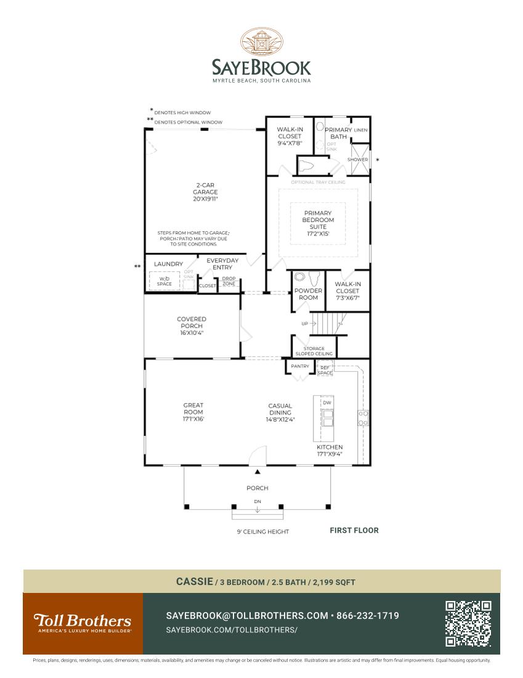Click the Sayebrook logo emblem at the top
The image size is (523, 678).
pos(261,43)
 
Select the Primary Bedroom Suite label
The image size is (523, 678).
pos(318,220)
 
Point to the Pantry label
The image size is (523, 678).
pos(300,366)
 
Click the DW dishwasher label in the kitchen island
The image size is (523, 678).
pos(327,402)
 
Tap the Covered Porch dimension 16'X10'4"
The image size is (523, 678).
pos(192,332)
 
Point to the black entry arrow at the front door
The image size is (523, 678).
pos(258,472)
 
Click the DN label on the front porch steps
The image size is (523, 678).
pos(257,502)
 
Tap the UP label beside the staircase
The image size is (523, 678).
pos(304,324)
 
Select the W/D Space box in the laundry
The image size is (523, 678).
pos(164,282)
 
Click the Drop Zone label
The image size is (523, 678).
pos(229,281)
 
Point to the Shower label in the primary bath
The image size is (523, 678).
pos(357,160)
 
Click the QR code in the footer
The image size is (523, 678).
pos(468,623)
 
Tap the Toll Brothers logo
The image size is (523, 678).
pos(83,623)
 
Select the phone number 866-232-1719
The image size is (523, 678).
pos(368,616)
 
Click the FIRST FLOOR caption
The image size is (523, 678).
pos(354,530)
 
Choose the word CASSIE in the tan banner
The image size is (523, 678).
pos(194,581)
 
